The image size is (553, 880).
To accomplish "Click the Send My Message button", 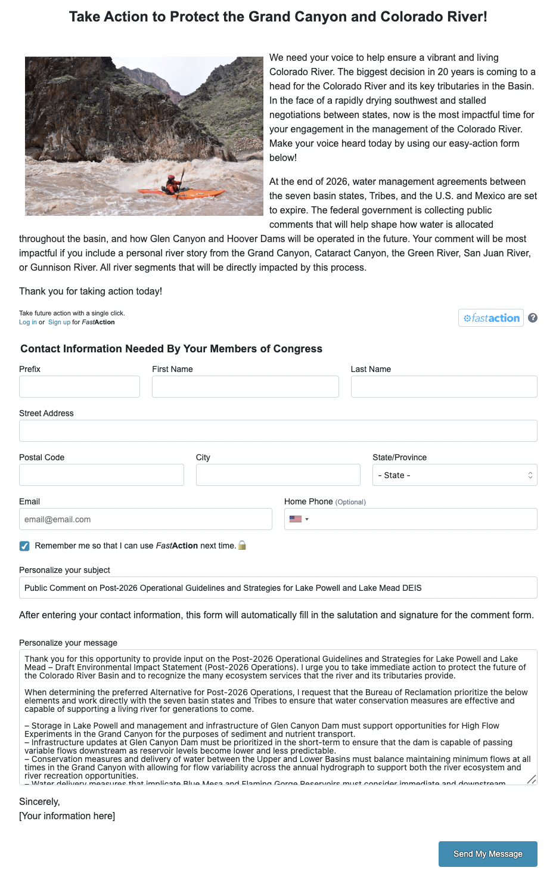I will [x=487, y=854].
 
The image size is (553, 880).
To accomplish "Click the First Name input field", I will [x=245, y=386].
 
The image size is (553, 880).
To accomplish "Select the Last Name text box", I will [x=444, y=386].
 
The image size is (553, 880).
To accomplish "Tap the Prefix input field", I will [x=79, y=386].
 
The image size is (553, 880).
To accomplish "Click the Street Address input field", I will [x=278, y=430].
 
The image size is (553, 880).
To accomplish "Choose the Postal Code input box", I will [x=101, y=475].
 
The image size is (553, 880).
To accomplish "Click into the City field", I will [x=278, y=475].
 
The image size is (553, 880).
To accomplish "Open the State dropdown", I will [x=455, y=475].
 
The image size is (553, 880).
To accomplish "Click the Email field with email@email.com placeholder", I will [x=145, y=519].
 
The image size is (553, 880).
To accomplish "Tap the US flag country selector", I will [x=299, y=519].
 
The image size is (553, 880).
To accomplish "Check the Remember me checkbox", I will [x=24, y=546].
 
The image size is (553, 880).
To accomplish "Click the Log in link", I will [x=27, y=322].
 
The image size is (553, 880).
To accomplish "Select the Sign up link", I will [x=59, y=322].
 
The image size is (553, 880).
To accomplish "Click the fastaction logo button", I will [x=491, y=318].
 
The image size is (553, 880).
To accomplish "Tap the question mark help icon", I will [x=533, y=318].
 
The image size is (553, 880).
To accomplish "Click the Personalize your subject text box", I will [x=278, y=587].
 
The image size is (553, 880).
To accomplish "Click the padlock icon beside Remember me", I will [x=242, y=545].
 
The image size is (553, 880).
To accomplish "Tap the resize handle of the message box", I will [x=532, y=779].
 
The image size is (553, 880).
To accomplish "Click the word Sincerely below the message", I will [x=39, y=802].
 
